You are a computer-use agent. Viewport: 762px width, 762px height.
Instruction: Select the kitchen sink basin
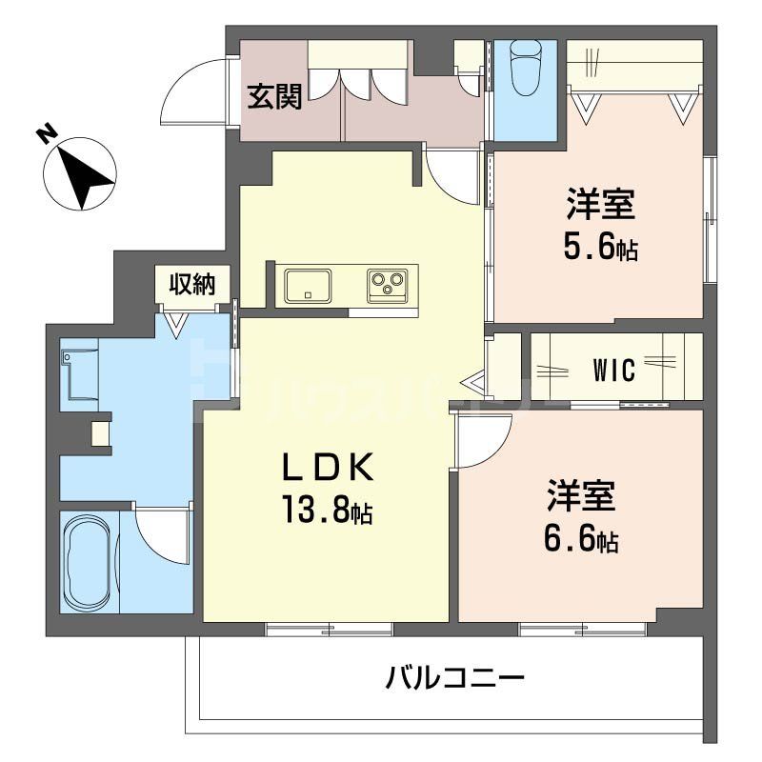coord(308,284)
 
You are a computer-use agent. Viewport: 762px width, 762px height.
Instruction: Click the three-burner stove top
coord(388,284)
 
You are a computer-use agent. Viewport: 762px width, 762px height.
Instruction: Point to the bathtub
coord(89,563)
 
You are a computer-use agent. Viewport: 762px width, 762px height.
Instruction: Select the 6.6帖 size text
coord(581,541)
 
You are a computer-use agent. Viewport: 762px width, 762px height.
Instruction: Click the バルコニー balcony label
coord(455,679)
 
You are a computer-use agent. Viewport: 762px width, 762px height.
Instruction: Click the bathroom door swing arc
coord(162,533)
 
